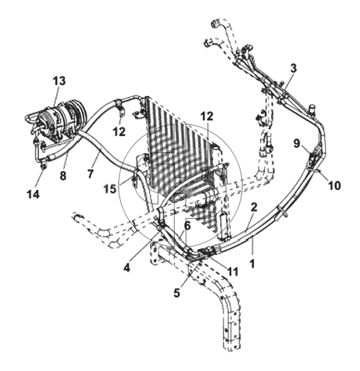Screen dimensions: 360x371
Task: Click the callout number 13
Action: point(59,81)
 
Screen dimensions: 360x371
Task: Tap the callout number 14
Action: point(34,194)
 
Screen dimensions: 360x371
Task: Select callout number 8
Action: point(63,176)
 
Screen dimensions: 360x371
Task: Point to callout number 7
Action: point(91,173)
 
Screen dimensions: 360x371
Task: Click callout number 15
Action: point(109,189)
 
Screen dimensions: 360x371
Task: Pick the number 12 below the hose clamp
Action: point(119,131)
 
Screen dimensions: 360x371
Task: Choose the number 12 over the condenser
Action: point(207,116)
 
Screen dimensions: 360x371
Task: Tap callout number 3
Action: point(294,69)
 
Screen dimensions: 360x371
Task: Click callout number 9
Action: point(297,144)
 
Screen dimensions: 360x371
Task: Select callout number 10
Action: point(334,186)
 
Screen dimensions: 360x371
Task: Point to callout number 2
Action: point(254,207)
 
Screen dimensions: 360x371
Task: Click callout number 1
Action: point(252,264)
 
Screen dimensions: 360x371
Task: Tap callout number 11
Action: point(233,272)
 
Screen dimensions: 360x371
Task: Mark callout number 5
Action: point(176,293)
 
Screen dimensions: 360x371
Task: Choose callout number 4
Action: point(127,267)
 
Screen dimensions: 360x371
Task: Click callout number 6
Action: point(187,226)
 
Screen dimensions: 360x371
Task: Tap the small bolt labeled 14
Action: point(44,166)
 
